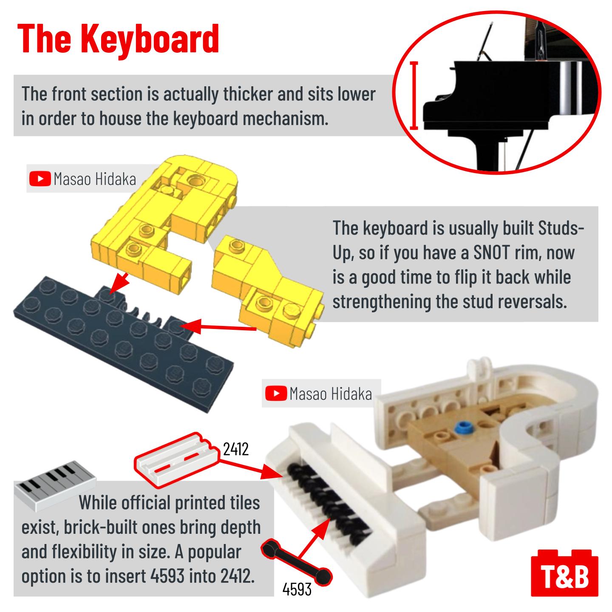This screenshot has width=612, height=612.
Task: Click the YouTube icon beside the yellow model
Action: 40,178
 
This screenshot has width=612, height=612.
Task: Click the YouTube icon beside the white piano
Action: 276,394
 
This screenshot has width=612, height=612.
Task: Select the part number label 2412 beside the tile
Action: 235,449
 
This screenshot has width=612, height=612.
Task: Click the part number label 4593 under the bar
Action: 297,589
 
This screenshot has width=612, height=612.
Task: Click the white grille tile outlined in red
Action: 177,460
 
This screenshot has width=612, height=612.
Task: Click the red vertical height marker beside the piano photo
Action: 414,96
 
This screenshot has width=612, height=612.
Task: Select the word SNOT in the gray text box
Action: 491,253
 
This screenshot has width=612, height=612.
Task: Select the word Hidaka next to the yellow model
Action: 115,179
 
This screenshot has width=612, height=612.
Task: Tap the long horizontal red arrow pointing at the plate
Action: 221,327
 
